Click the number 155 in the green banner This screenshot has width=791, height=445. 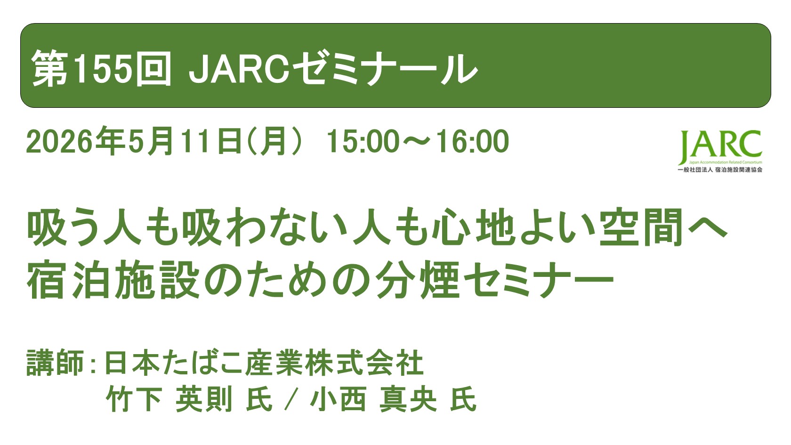click(102, 69)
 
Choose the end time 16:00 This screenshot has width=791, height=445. click(472, 141)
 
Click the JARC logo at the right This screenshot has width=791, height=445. click(720, 146)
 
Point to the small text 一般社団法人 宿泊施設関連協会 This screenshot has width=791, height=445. click(719, 170)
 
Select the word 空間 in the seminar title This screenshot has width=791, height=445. click(641, 227)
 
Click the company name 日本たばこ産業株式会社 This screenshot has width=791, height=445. click(263, 363)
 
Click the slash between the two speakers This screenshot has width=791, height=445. click(291, 400)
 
